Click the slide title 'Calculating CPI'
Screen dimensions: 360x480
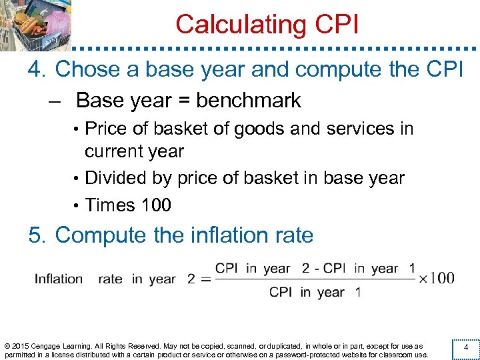click(x=267, y=24)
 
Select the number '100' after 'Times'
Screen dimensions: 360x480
click(x=156, y=205)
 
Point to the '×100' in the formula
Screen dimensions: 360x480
click(x=437, y=278)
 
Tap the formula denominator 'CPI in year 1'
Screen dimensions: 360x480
click(x=315, y=293)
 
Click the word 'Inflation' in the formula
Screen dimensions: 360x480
click(x=59, y=279)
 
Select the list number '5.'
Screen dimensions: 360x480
click(x=38, y=235)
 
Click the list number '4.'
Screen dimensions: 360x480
click(x=38, y=69)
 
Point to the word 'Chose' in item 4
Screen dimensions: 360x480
click(x=85, y=69)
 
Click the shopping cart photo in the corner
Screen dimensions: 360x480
click(x=35, y=25)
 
